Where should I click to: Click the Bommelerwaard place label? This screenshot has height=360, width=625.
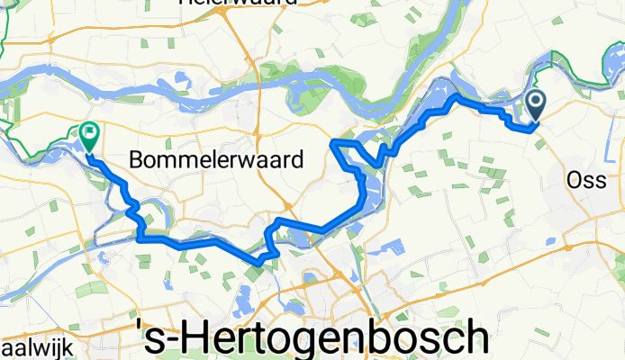tap(215, 160)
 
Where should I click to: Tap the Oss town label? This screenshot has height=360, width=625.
tap(586, 180)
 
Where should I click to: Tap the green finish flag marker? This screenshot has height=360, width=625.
tap(90, 136)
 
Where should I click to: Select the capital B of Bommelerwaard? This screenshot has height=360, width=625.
tap(138, 160)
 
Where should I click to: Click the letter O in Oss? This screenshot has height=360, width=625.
tap(575, 180)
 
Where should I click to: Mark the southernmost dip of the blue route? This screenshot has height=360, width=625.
tap(258, 262)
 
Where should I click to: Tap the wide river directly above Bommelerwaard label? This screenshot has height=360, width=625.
tap(216, 85)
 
